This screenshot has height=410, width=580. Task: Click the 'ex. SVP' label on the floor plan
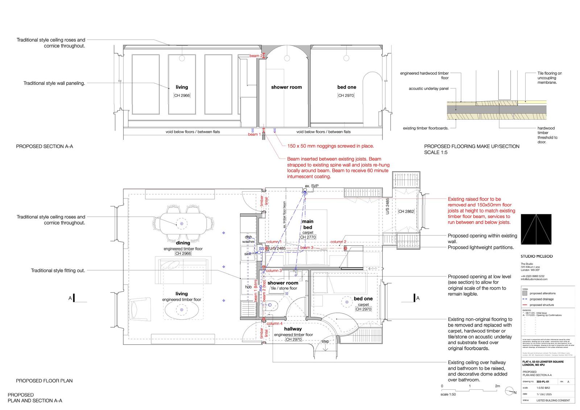(x=311, y=186)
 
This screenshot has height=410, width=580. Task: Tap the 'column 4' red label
(x=274, y=323)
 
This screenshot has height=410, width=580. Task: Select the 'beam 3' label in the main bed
(x=307, y=247)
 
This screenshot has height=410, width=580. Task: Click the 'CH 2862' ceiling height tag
(x=406, y=211)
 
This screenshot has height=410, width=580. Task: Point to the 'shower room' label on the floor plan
(x=283, y=283)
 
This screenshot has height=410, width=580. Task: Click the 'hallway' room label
(x=293, y=329)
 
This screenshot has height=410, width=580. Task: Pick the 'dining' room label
(x=183, y=243)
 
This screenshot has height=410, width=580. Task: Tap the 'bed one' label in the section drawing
(x=347, y=87)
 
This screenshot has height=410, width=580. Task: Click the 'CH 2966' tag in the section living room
(x=182, y=95)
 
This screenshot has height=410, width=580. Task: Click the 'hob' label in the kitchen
(x=248, y=287)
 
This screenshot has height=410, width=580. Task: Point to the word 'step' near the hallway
(x=325, y=341)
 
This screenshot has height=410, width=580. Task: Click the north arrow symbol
(x=510, y=390)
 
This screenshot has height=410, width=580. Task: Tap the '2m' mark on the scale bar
(x=498, y=386)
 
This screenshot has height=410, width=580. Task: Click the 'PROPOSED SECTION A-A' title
(x=45, y=147)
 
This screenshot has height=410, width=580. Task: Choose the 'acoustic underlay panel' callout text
(x=428, y=89)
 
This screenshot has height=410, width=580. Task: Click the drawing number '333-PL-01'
(x=543, y=382)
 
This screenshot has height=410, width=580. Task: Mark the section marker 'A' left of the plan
(x=70, y=298)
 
